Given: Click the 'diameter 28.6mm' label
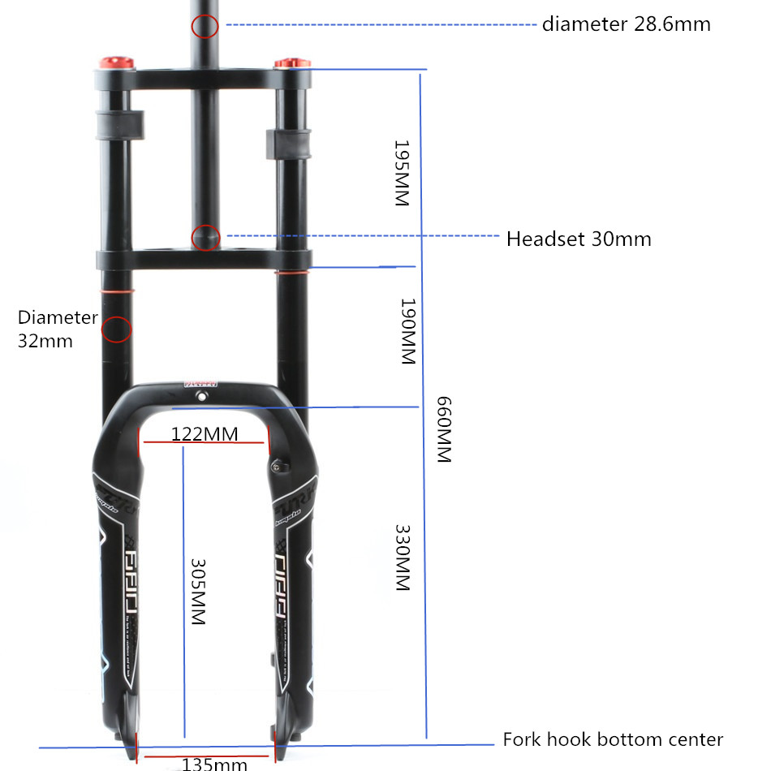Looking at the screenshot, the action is pyautogui.click(x=626, y=24).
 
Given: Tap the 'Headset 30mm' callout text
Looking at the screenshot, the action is pyautogui.click(x=579, y=239).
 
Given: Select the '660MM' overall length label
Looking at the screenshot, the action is pyautogui.click(x=443, y=429).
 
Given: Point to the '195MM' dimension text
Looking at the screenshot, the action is pyautogui.click(x=402, y=173).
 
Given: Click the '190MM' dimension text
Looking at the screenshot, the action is pyautogui.click(x=408, y=331).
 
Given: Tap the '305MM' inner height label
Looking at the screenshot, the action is pyautogui.click(x=197, y=590).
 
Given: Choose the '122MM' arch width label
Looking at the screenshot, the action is pyautogui.click(x=205, y=434).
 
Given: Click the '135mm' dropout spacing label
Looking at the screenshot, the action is pyautogui.click(x=214, y=764).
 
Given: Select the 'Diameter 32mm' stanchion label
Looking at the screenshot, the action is pyautogui.click(x=57, y=329).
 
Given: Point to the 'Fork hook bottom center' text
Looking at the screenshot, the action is pyautogui.click(x=613, y=739).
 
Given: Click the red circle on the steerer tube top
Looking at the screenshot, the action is pyautogui.click(x=205, y=27).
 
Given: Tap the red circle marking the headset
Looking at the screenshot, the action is pyautogui.click(x=205, y=238).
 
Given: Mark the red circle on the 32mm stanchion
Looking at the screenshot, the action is pyautogui.click(x=115, y=330).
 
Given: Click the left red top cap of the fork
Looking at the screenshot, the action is pyautogui.click(x=115, y=62).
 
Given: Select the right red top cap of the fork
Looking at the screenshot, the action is pyautogui.click(x=292, y=63).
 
